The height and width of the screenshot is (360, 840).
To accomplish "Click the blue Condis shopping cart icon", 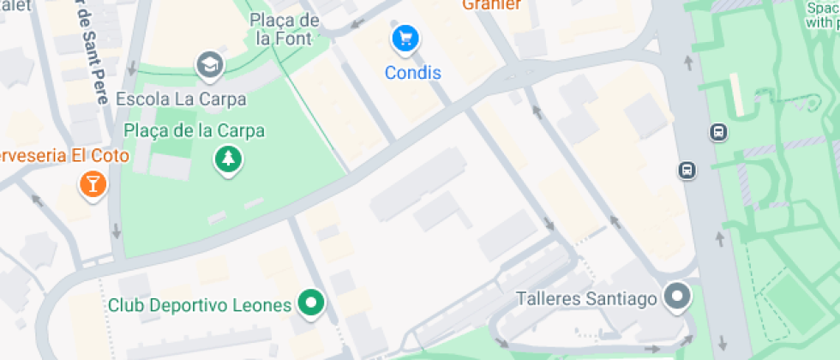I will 405,39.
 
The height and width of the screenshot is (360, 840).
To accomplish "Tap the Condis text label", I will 413,73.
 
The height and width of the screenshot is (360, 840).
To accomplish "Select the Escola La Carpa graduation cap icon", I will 207,63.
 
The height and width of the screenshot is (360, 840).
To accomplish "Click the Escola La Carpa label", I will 181,99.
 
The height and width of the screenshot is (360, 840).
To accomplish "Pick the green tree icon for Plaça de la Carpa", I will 228,158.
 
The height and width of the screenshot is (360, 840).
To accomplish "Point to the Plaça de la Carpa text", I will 195,131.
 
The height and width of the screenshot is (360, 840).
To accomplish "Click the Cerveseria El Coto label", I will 64,156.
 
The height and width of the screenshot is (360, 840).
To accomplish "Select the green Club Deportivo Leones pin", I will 310,303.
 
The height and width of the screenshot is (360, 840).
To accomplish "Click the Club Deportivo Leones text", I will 200,305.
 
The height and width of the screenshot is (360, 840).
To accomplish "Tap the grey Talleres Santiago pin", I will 679,297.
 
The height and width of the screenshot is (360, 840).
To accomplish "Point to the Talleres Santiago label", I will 587,299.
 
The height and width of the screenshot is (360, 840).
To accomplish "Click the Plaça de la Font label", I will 285,29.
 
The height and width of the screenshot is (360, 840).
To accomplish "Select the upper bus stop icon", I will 718,132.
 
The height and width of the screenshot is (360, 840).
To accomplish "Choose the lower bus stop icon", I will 687,170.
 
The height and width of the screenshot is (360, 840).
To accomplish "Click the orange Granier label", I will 491,5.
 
